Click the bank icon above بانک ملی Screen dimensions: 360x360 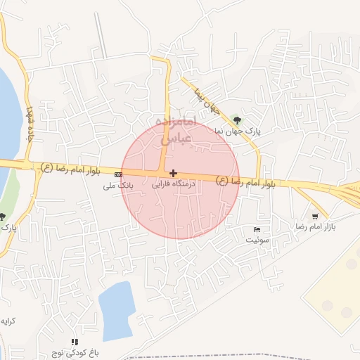coord(118,174)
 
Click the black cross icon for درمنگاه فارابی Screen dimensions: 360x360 coord(173,173)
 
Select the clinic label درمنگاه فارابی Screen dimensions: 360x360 coord(173,184)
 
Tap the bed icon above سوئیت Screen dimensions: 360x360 coord(257,230)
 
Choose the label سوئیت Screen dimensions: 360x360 coord(257,240)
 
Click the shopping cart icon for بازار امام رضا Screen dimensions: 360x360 coord(315,216)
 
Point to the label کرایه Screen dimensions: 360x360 coord(8,321)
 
